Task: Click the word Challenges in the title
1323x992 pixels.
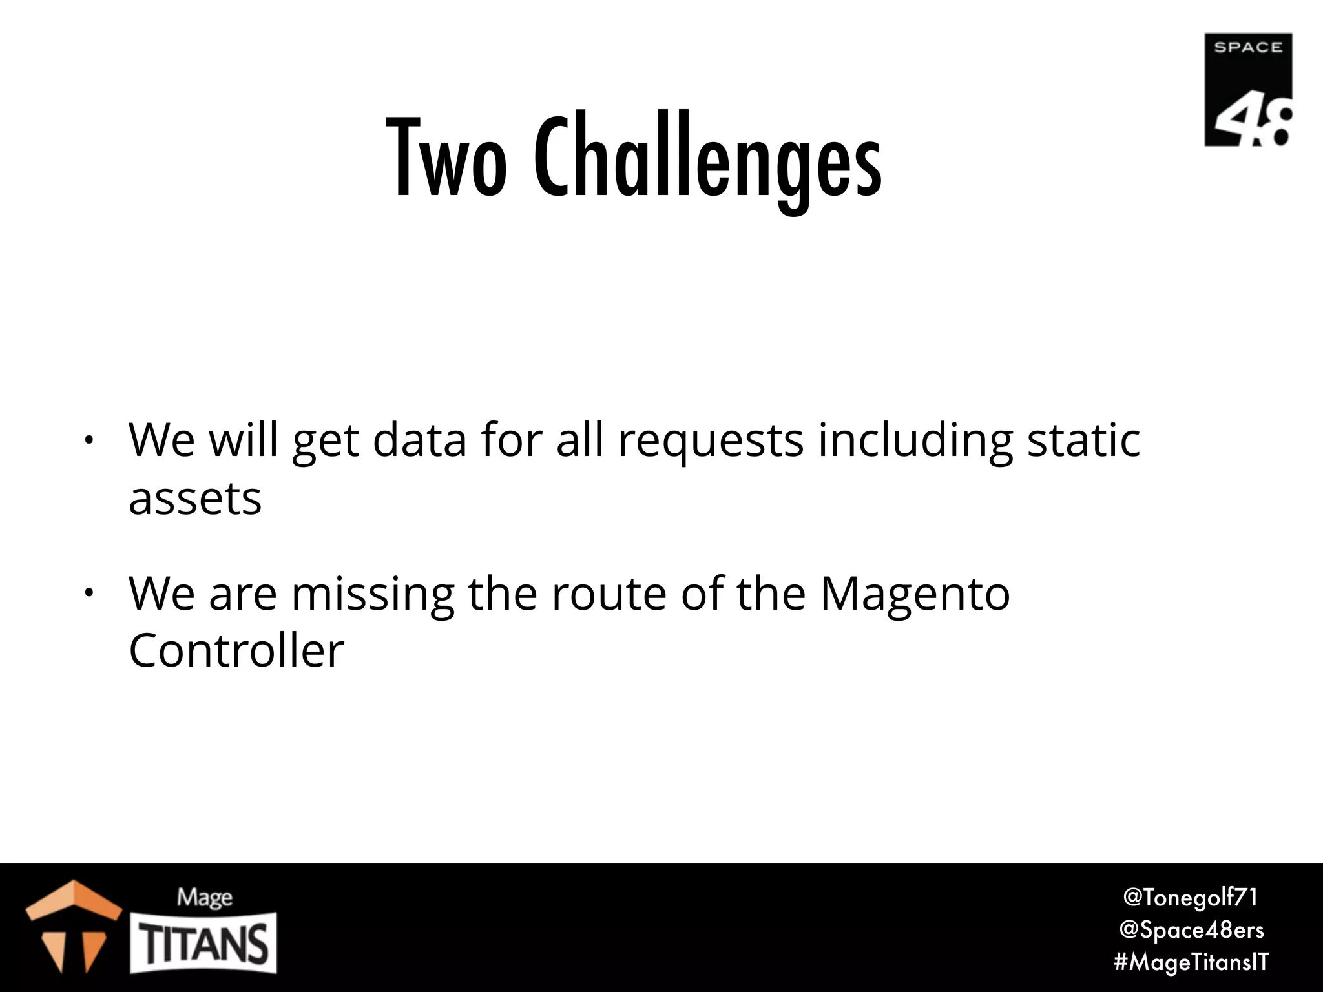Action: (707, 161)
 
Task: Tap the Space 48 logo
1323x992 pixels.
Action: (1248, 90)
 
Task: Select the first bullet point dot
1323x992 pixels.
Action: (89, 442)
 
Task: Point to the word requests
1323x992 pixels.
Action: (711, 442)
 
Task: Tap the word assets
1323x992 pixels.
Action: (195, 499)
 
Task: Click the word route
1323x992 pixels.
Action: (609, 594)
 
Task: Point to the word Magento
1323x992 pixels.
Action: (915, 594)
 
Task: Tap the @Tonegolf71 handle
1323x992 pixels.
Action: (1190, 897)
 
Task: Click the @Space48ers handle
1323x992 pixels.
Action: (1191, 929)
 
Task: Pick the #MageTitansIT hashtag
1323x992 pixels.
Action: (1191, 962)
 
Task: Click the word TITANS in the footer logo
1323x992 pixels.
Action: (204, 944)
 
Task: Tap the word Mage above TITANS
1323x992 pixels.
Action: (205, 897)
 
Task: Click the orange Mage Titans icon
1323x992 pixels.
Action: (73, 925)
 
